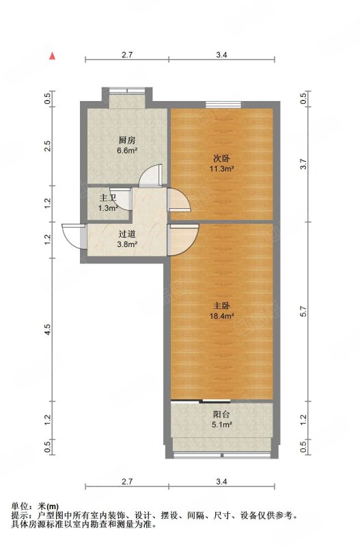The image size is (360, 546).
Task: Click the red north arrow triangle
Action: tap(53, 56)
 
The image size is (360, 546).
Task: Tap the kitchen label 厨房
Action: tap(127, 141)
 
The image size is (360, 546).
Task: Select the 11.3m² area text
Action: tap(221, 169)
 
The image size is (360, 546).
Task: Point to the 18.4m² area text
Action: tap(221, 316)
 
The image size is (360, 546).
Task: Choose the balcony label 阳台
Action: tap(221, 414)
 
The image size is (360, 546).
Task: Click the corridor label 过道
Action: tap(127, 234)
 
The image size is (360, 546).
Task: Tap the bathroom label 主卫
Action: tap(108, 198)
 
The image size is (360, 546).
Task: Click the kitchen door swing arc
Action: tap(150, 175)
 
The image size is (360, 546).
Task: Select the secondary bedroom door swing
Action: tap(179, 199)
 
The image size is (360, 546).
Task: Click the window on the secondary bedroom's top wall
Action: tap(223, 104)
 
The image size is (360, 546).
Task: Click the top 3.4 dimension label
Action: tap(221, 55)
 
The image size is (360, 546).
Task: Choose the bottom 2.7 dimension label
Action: tap(127, 482)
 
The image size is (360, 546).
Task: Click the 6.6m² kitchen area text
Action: tap(127, 151)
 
